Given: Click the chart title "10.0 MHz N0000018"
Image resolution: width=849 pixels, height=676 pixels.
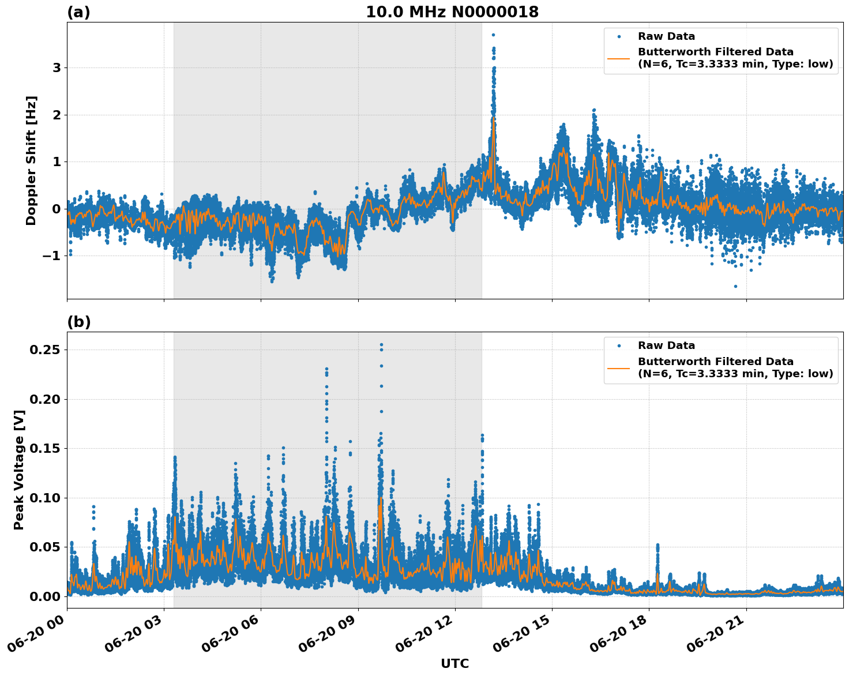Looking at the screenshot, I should pos(452,12).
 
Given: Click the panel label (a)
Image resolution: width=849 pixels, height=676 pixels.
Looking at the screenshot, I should pos(78,12).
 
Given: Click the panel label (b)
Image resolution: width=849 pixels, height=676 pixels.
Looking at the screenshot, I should pos(78,322).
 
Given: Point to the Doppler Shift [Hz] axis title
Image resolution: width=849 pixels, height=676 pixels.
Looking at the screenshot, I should pos(31,160).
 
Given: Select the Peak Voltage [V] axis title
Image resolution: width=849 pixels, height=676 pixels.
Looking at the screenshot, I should pos(19,470).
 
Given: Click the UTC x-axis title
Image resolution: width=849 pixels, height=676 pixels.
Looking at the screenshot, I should pos(454,663).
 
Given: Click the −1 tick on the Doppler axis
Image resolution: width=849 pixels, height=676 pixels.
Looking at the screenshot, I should pos(51,256).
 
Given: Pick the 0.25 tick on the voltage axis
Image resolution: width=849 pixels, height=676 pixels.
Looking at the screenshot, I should pos(46,350).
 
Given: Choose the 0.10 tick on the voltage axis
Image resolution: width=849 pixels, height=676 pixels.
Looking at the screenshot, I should pos(46,498).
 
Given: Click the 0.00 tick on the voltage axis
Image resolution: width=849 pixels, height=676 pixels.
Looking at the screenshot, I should pos(46,596).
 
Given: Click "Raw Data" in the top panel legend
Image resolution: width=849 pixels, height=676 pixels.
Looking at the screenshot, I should pos(666,36).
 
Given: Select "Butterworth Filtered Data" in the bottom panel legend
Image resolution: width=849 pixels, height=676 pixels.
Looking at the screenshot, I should pos(715,362).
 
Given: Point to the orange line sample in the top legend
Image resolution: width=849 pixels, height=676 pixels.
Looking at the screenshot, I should pos(618,58).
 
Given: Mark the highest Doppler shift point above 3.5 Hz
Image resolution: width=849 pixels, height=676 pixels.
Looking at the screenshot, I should pos(493,35).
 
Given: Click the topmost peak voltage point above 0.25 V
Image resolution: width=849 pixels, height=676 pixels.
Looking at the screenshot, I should pos(381,345).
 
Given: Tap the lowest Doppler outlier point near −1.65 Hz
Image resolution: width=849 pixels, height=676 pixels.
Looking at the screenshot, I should pos(735,286).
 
